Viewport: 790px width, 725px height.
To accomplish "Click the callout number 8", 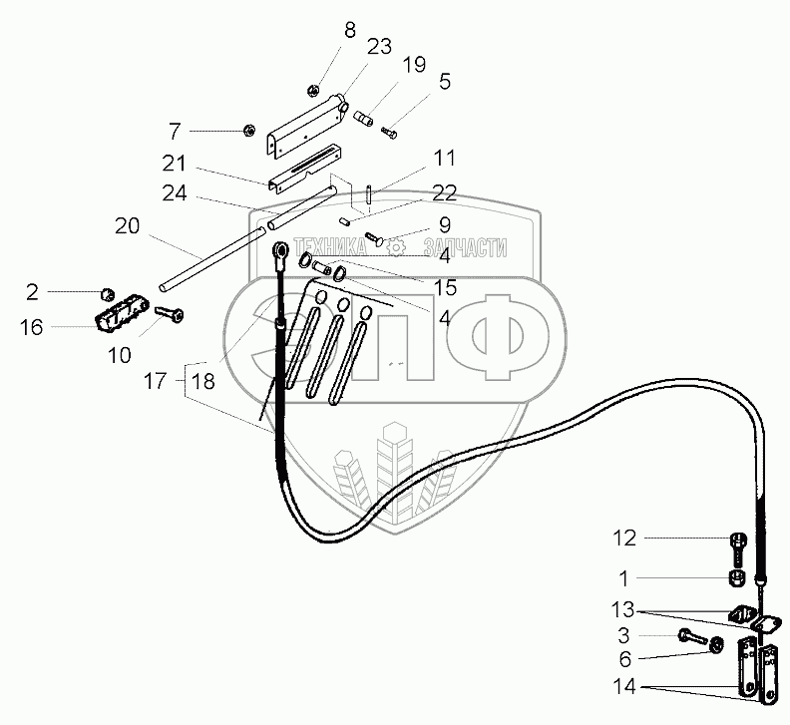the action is click(x=349, y=30).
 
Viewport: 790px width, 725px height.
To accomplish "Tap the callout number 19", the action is click(x=415, y=65).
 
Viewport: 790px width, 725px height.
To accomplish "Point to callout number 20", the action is click(x=127, y=226).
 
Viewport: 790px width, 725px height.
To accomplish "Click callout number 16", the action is click(x=32, y=326).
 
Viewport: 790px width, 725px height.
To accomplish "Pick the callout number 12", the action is click(x=623, y=540).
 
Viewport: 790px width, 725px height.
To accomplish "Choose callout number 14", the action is click(x=623, y=687).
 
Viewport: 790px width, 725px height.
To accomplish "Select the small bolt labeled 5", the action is click(x=389, y=131).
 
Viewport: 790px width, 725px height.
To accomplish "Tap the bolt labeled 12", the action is click(x=738, y=543).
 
